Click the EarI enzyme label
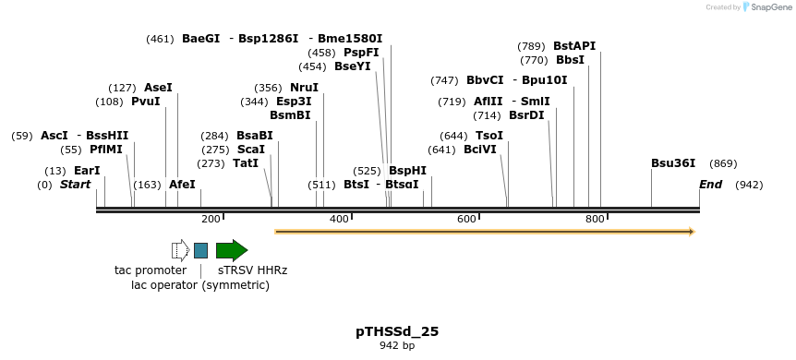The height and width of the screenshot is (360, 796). point(87,171)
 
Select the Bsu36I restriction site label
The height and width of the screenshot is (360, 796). point(673,163)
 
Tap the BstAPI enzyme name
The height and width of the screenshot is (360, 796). point(574,45)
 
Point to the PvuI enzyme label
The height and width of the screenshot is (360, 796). point(146,102)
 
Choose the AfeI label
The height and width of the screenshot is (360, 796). point(183,185)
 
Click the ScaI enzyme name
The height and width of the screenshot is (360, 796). point(251,150)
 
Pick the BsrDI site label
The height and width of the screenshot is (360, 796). point(526,115)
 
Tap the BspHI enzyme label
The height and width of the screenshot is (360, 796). point(407,171)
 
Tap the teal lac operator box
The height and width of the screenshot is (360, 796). point(200,250)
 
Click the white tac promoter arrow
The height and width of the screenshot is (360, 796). point(180,250)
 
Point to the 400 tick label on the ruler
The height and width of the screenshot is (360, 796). point(339,219)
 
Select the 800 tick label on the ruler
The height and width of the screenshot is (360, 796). point(595,219)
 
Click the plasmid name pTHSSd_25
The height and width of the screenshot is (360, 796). point(397,330)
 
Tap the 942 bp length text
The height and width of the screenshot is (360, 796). point(397,346)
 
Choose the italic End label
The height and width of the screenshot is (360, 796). point(710,185)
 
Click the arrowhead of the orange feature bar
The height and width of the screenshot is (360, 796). point(690,232)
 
